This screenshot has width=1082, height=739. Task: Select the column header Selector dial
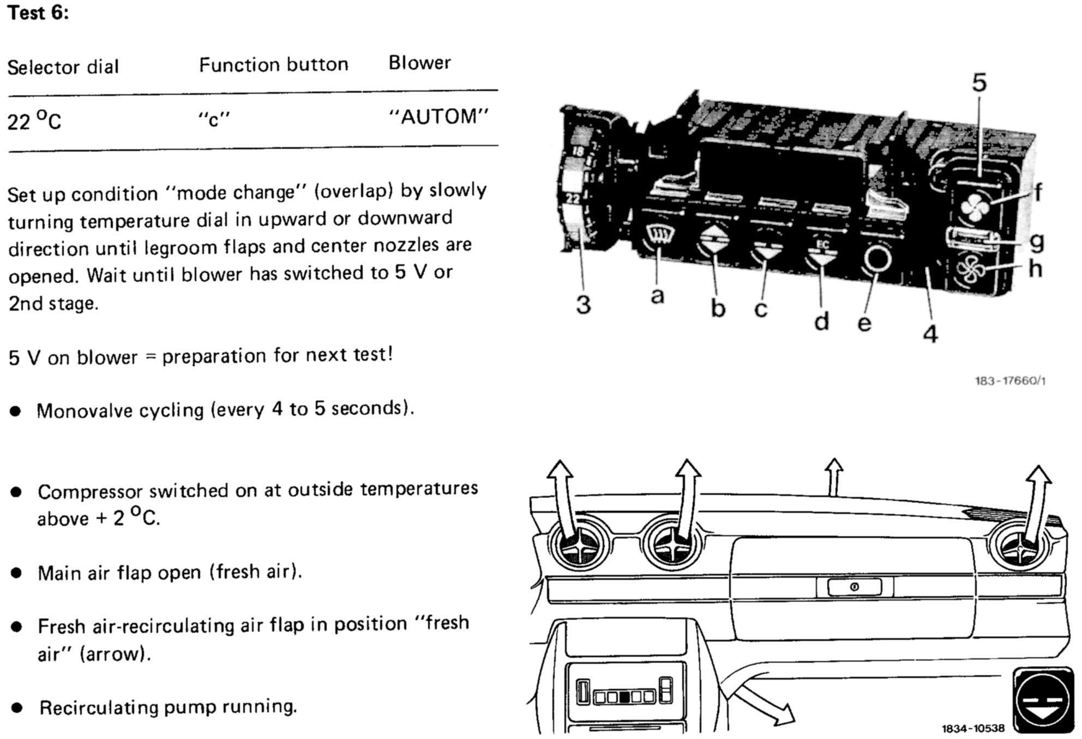[63, 67]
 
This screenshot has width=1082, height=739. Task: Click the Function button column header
[273, 65]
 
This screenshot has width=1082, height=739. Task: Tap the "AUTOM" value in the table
[438, 117]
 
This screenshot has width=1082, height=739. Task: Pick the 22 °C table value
[34, 120]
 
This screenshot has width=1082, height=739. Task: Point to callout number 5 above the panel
[979, 83]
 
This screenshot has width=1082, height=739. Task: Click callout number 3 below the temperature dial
[583, 305]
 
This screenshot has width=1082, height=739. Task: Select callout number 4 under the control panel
[930, 334]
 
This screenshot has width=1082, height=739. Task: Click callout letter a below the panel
[657, 296]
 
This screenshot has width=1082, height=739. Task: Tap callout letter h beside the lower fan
[1035, 269]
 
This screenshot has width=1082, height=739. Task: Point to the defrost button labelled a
[659, 237]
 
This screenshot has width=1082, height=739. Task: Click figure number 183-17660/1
[1010, 380]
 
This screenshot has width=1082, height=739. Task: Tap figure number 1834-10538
[972, 728]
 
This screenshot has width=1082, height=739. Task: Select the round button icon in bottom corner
[1042, 700]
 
